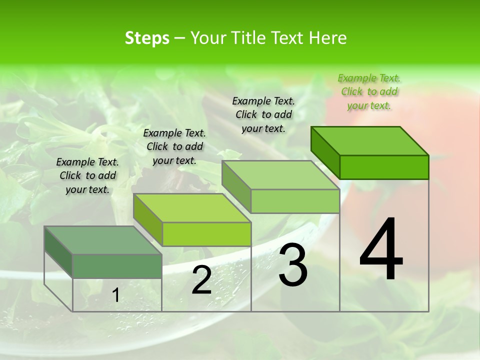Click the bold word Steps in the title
coord(147,38)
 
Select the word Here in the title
coord(328,38)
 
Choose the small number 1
coord(115,295)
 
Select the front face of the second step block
coord(206,234)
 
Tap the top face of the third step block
coord(280,175)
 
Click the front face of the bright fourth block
coord(384,167)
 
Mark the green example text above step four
coord(369,91)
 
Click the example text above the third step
coord(263,114)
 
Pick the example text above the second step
coord(174,146)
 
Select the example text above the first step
coord(87,175)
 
